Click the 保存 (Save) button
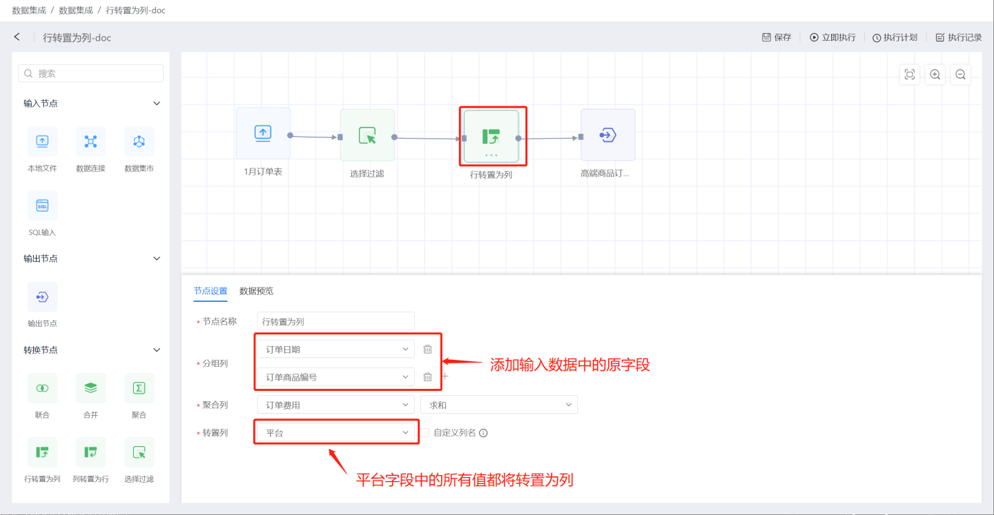(x=777, y=37)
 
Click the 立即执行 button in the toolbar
(x=832, y=37)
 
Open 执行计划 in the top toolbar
(x=895, y=37)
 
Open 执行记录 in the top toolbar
(x=958, y=37)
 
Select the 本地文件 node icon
(x=42, y=141)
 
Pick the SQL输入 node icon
(x=42, y=206)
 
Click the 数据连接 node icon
(x=90, y=141)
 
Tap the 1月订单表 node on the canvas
(x=263, y=134)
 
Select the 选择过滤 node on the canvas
(x=367, y=136)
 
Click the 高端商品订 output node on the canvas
(x=607, y=135)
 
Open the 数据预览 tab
(x=256, y=291)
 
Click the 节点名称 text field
(x=335, y=321)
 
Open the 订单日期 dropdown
(x=335, y=350)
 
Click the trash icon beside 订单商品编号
(x=427, y=377)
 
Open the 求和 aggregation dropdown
(x=498, y=405)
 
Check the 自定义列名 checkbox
(x=425, y=433)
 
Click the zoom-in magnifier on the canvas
(x=935, y=74)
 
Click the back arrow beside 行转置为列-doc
(x=17, y=37)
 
